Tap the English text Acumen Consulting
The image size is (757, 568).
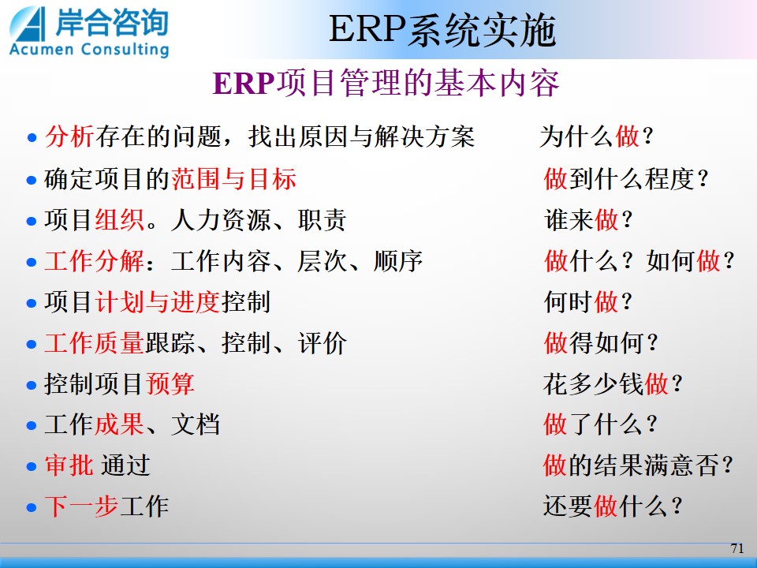coord(89,49)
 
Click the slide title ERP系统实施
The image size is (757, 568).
coord(442,30)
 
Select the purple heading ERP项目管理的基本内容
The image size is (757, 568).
coord(386,83)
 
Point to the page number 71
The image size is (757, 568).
coord(737,548)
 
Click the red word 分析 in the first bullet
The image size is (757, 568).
coord(69,136)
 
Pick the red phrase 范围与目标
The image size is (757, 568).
coord(233,179)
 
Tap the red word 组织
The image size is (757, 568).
coord(119,220)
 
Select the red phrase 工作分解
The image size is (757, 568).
coord(94,261)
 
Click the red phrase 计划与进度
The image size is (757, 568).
coord(158,302)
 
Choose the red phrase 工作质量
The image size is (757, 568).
coord(94,343)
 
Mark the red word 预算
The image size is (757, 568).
coord(170,384)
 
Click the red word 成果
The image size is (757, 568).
coord(119,425)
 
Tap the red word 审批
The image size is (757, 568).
coord(69,466)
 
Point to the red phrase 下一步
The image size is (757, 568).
coord(81,506)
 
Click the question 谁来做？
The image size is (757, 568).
coord(588,220)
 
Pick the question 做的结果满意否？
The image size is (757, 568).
coord(638,466)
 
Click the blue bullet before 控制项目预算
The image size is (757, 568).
coord(32,386)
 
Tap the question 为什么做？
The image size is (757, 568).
coord(597,136)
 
